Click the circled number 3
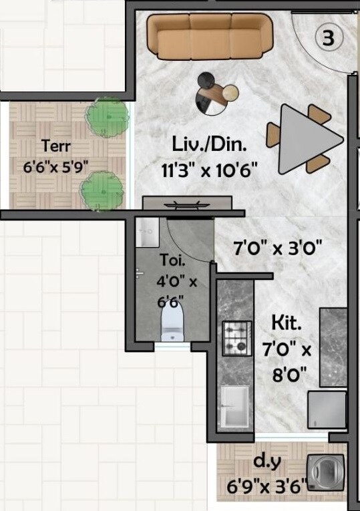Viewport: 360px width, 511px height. (329, 38)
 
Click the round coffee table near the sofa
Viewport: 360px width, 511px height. (216, 95)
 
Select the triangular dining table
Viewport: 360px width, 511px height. (309, 138)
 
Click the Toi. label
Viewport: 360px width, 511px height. (169, 260)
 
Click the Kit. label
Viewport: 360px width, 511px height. (287, 323)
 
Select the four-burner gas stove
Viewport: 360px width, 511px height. (236, 339)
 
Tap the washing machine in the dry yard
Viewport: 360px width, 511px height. (323, 472)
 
